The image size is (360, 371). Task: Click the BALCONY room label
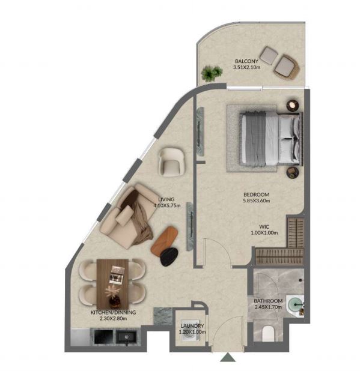pyautogui.click(x=246, y=61)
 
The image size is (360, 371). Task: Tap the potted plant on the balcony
pyautogui.click(x=212, y=73)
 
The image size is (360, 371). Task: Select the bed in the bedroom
pyautogui.click(x=271, y=139)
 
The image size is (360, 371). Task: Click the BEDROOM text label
pyautogui.click(x=257, y=195)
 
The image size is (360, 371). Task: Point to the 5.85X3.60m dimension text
pyautogui.click(x=257, y=201)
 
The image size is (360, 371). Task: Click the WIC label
pyautogui.click(x=264, y=227)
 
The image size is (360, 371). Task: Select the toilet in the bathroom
pyautogui.click(x=268, y=333)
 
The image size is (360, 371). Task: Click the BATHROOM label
pyautogui.click(x=268, y=301)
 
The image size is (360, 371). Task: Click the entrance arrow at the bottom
pyautogui.click(x=228, y=357)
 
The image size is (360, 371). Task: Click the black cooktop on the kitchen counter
pyautogui.click(x=103, y=337)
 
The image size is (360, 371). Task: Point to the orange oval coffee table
pyautogui.click(x=164, y=241)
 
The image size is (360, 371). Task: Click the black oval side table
pyautogui.click(x=169, y=257)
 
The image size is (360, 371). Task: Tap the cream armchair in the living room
pyautogui.click(x=171, y=162)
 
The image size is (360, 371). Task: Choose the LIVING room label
pyautogui.click(x=166, y=199)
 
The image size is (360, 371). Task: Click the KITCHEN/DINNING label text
pyautogui.click(x=113, y=312)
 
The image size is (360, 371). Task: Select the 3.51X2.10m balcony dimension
pyautogui.click(x=246, y=67)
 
